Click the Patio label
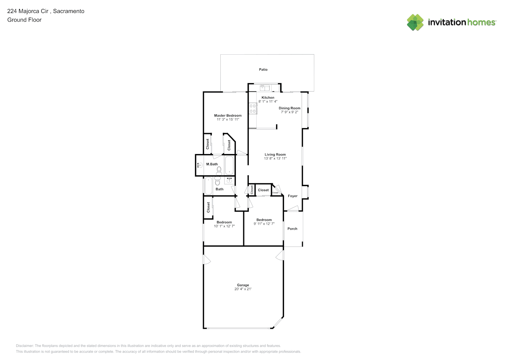point(263,69)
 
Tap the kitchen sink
point(265,87)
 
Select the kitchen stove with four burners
point(253,108)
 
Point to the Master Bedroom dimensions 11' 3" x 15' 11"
point(228,119)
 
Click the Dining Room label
point(289,108)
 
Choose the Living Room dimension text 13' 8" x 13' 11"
point(275,158)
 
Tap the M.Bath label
point(212,164)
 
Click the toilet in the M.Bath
point(219,171)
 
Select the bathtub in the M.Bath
point(229,165)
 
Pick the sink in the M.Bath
point(200,165)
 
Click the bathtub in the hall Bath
point(208,186)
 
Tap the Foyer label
point(293,196)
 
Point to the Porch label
point(292,229)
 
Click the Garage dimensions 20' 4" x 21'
point(243,289)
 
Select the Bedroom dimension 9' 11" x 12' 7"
point(264,224)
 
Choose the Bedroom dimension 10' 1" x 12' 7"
point(224,226)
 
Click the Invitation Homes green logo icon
point(415,22)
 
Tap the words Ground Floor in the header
point(24,20)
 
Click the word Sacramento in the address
point(69,11)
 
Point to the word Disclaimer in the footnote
point(25,346)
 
